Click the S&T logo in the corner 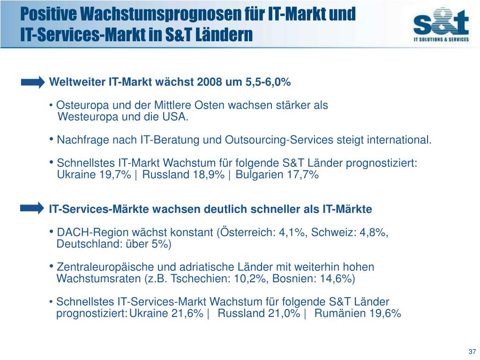click(441, 26)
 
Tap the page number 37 click(472, 352)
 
